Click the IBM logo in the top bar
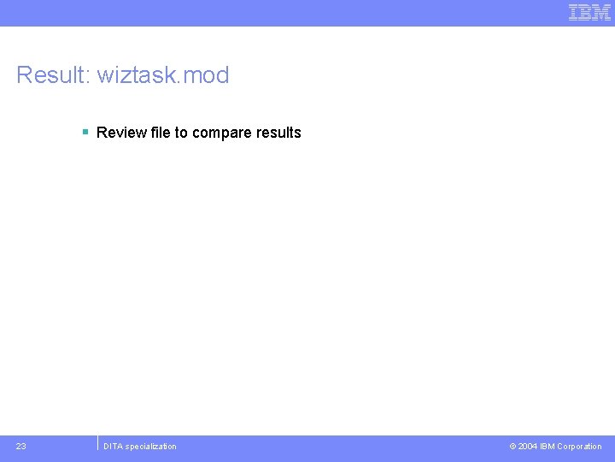click(589, 13)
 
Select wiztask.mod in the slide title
click(163, 75)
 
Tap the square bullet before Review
click(85, 132)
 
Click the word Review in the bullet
click(120, 133)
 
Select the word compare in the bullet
click(222, 133)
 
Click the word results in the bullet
click(278, 133)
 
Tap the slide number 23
click(21, 446)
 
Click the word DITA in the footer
click(114, 447)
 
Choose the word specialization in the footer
click(152, 447)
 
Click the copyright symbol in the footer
click(512, 447)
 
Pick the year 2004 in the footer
click(528, 447)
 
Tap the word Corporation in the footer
click(579, 447)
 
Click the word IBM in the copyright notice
click(547, 447)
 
